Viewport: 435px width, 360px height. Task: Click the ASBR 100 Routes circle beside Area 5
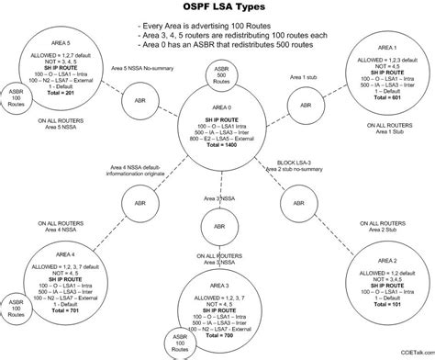click(17, 101)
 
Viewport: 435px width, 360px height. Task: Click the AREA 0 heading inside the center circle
click(217, 109)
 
